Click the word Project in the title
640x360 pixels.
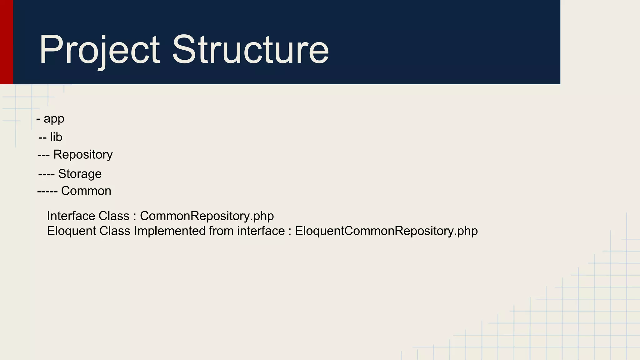pos(99,50)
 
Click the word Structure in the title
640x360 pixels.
pos(250,50)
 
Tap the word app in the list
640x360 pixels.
pos(54,119)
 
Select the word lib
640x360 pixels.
pos(56,137)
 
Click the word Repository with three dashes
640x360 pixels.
pos(83,154)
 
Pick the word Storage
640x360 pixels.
pos(80,174)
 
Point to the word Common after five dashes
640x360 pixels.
pos(86,191)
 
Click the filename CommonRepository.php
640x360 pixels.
pos(207,216)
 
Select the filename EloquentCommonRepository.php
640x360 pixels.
pos(386,231)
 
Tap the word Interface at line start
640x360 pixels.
pos(71,216)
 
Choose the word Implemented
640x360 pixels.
pos(170,231)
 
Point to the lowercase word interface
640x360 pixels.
pos(261,231)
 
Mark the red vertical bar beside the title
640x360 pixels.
pos(6,42)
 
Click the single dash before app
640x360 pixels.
pos(38,119)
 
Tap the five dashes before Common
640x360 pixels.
pos(47,191)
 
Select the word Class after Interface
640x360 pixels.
pos(114,216)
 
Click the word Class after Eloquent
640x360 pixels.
pos(115,231)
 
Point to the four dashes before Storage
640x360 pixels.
pos(46,174)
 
